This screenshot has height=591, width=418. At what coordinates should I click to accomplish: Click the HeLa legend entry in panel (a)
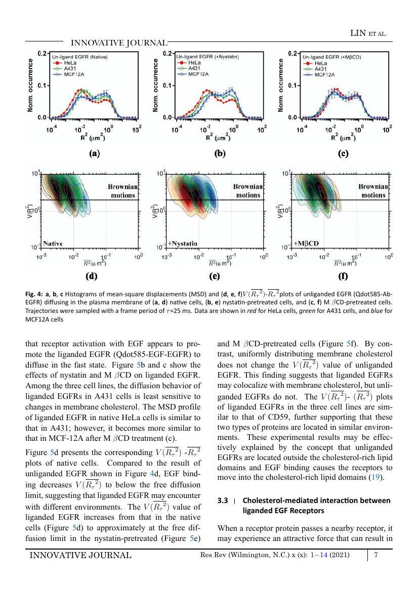click(x=64, y=63)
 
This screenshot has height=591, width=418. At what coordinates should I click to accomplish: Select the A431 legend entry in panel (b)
click(x=189, y=68)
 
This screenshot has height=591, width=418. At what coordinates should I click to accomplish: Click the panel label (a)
click(x=94, y=153)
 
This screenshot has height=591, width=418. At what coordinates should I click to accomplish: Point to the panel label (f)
click(x=343, y=276)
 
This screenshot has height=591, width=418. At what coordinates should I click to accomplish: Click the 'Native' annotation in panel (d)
click(x=53, y=244)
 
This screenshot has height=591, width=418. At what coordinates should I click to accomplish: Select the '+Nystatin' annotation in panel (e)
click(x=183, y=244)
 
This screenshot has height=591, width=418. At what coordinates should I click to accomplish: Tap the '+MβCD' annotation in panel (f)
click(x=306, y=244)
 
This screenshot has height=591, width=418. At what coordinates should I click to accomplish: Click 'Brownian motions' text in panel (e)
click(x=248, y=191)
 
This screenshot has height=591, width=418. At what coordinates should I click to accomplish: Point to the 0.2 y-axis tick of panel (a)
click(x=41, y=54)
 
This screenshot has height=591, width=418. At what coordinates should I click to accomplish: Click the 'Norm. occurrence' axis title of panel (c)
click(x=280, y=85)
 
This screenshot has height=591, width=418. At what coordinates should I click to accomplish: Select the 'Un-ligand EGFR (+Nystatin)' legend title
click(x=207, y=57)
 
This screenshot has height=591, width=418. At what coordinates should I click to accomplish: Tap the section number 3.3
click(x=223, y=501)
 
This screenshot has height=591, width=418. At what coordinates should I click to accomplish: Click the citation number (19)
click(x=375, y=477)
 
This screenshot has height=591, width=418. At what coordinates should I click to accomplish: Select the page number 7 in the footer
click(x=376, y=555)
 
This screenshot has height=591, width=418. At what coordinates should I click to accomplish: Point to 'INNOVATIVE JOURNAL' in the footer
click(x=80, y=555)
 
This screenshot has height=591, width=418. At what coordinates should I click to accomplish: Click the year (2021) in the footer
click(x=340, y=555)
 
